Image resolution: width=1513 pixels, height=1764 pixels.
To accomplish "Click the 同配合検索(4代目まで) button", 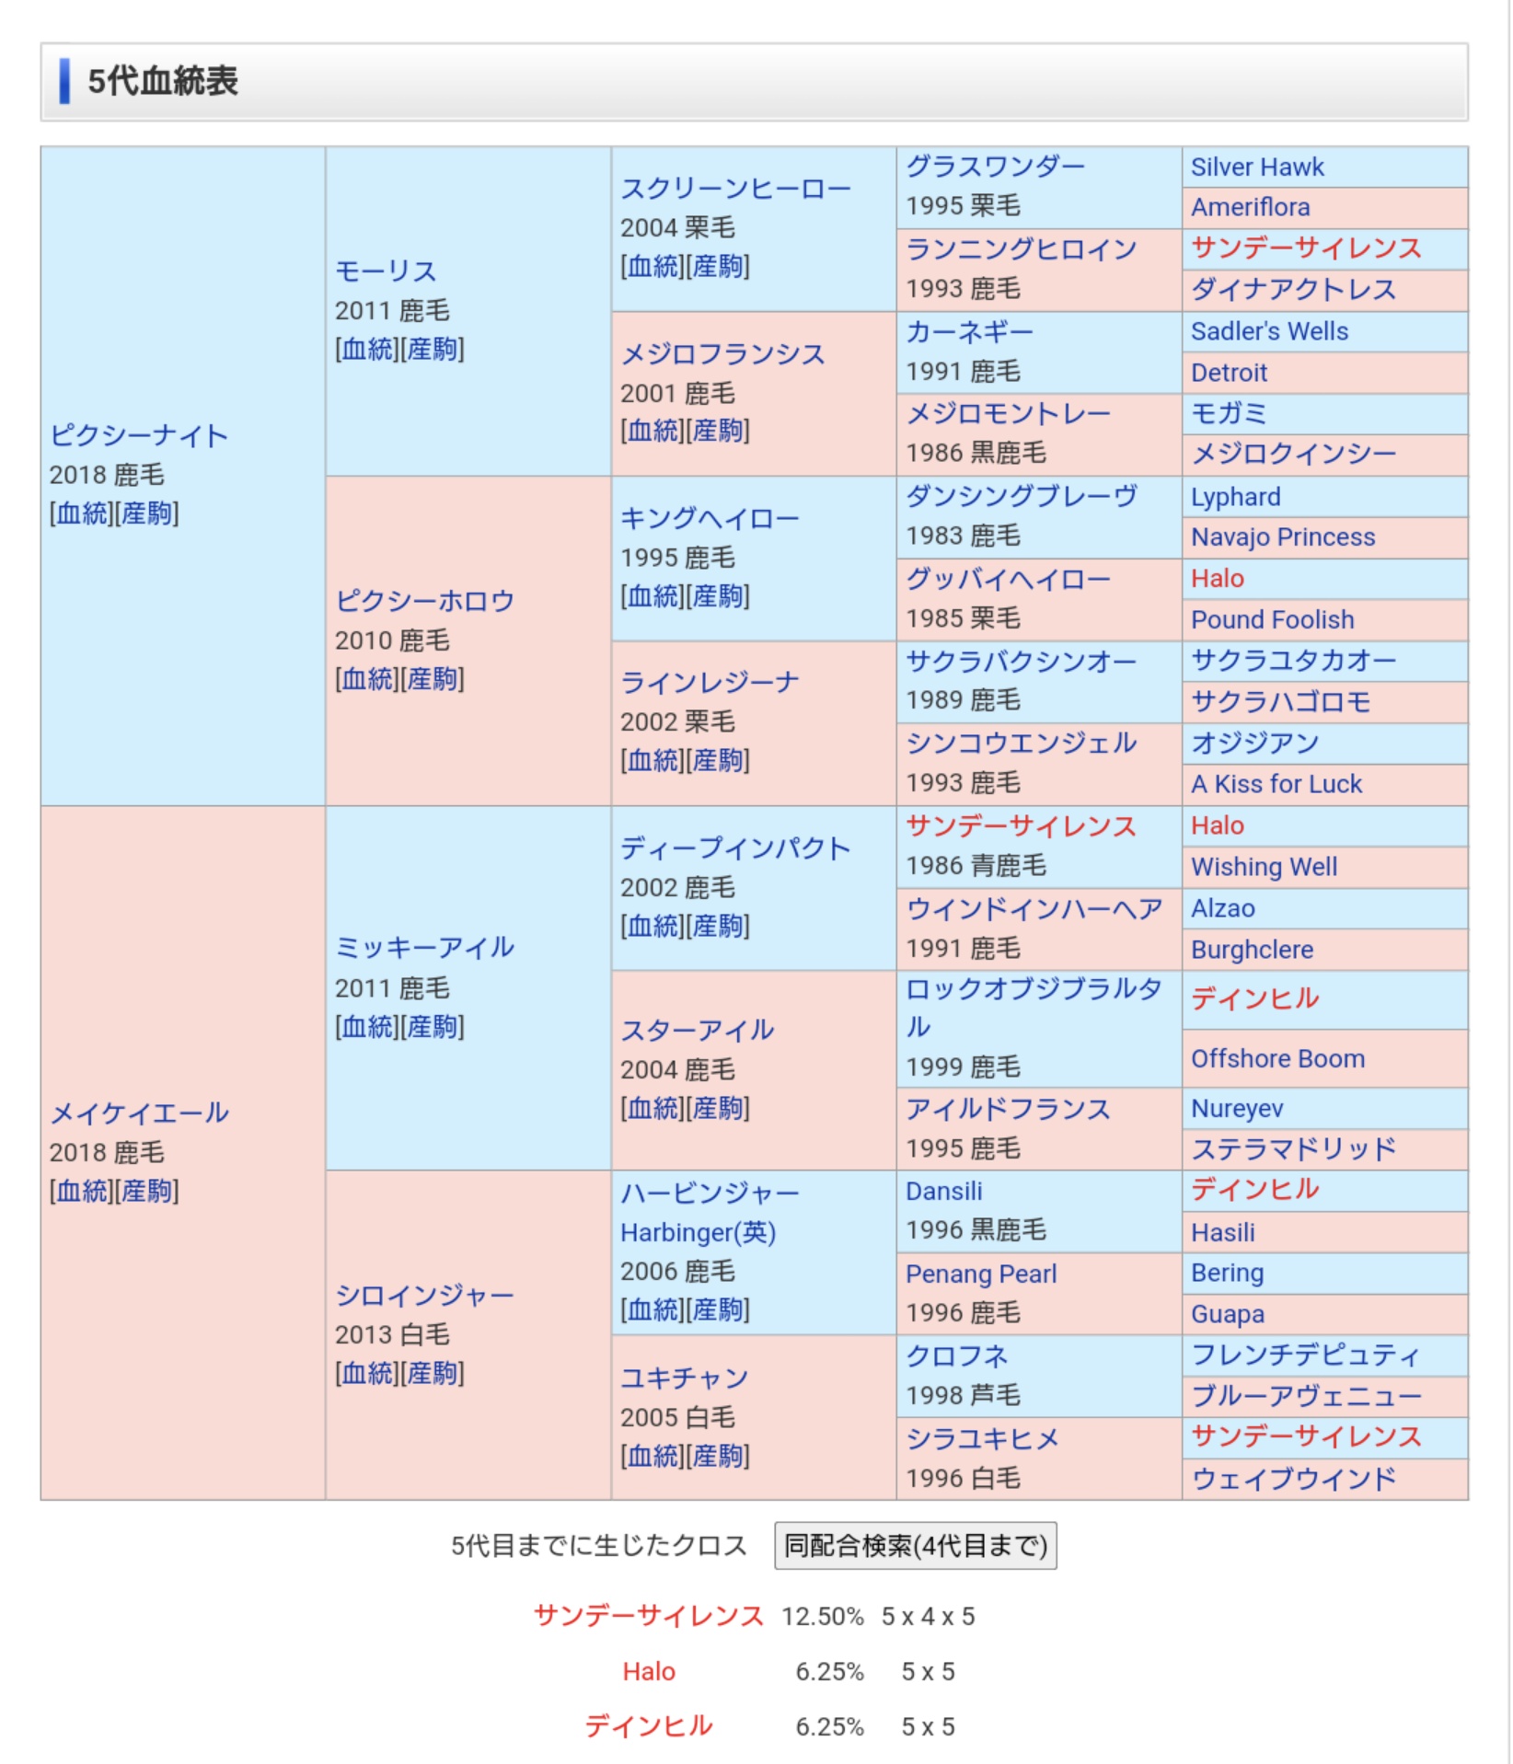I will [x=915, y=1546].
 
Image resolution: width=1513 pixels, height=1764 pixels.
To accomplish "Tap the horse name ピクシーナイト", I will [x=139, y=435].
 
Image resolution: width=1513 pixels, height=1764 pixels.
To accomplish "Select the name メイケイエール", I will [x=139, y=1113].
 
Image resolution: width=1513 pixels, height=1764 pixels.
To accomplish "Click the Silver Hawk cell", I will [x=1256, y=167].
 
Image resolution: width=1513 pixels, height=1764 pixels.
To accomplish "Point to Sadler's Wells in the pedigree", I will [x=1269, y=331].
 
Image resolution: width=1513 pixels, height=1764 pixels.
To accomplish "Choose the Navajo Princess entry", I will [x=1282, y=536].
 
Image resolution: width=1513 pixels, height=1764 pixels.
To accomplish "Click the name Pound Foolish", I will [x=1272, y=619].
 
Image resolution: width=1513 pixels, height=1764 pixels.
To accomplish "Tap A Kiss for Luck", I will [x=1276, y=784].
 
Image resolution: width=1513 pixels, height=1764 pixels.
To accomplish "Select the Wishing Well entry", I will [x=1264, y=867].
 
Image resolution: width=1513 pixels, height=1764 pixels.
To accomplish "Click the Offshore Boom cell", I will [x=1277, y=1058].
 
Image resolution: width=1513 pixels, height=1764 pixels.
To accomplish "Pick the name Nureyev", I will [x=1237, y=1109].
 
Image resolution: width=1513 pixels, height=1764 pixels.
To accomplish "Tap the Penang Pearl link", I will [x=980, y=1274].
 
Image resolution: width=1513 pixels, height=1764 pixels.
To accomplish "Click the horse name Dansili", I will [x=943, y=1191].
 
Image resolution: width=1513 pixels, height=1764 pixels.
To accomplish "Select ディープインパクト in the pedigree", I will [x=734, y=847].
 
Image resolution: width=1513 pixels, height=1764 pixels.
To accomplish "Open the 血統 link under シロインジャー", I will [x=366, y=1374].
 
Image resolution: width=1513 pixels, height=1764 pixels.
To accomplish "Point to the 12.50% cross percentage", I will [x=822, y=1617].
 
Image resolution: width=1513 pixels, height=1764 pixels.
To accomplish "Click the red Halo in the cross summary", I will [x=648, y=1671].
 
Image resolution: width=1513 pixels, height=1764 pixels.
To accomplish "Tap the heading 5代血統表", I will [x=163, y=81].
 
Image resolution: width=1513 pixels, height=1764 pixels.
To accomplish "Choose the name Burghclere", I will [x=1252, y=950].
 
